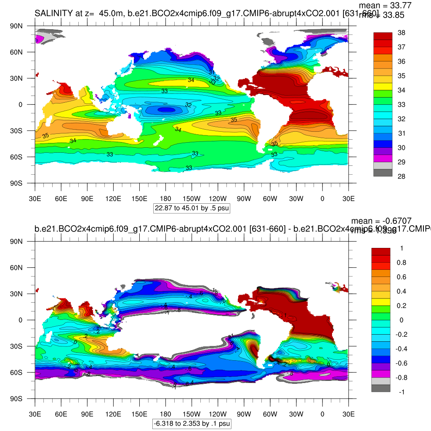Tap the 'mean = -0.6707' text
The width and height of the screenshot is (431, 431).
[x=381, y=221]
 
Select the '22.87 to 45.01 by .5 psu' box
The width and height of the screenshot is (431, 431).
[x=192, y=208]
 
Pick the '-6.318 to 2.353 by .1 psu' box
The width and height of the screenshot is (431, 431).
[x=192, y=423]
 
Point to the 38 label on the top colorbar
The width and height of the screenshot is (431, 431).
[x=402, y=33]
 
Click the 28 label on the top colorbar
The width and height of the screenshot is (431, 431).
[x=402, y=176]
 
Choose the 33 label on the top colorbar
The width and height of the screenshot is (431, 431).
[x=402, y=104]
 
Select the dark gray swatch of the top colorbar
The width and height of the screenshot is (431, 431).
[x=383, y=173]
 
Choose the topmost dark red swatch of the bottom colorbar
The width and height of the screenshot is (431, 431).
[x=380, y=251]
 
